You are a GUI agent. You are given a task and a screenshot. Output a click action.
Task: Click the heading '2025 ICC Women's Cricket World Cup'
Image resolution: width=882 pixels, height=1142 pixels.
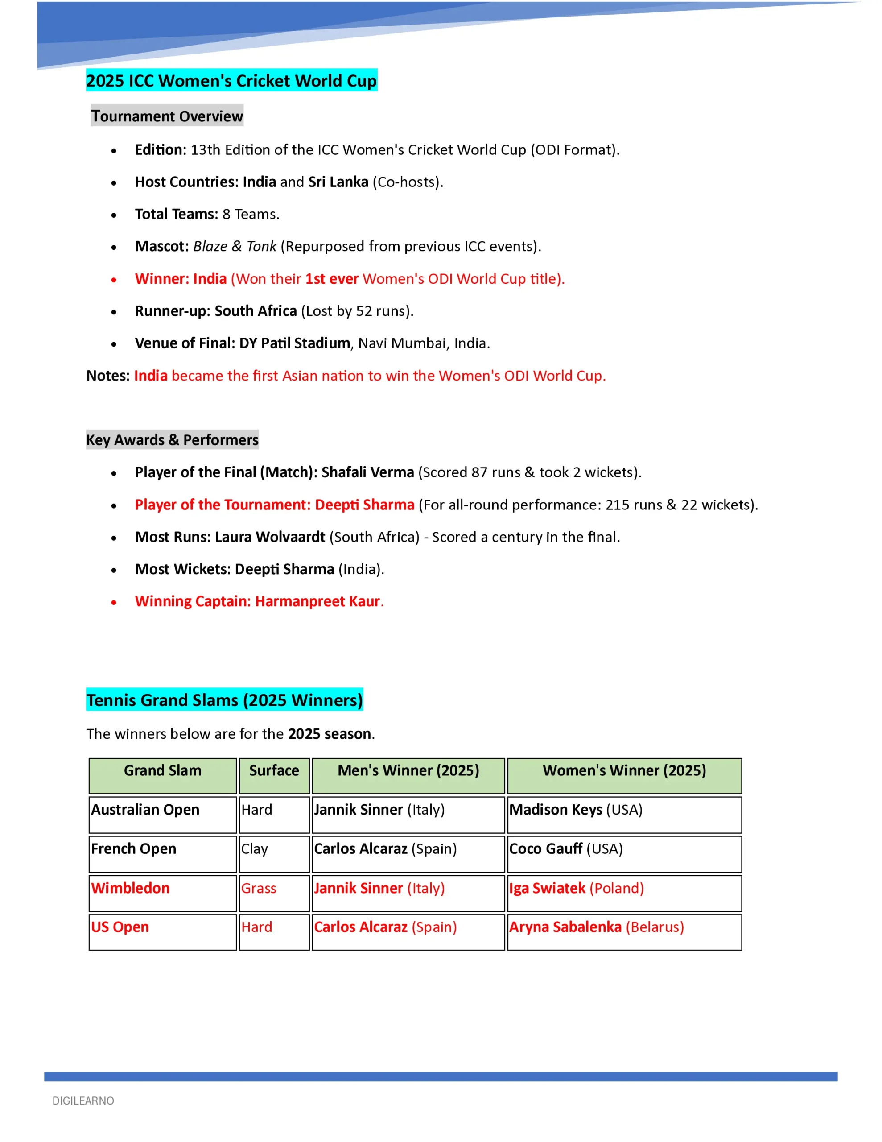(x=231, y=81)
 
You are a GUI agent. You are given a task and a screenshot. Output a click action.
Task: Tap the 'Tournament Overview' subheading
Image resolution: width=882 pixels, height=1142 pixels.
(x=167, y=116)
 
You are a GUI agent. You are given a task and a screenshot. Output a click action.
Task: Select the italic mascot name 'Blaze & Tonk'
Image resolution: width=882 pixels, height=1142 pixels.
(x=235, y=246)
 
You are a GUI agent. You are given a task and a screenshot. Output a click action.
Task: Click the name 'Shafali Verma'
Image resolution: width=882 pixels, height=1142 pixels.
(x=367, y=472)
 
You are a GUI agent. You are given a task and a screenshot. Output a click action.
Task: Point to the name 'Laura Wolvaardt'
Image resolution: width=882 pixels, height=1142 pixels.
(x=270, y=537)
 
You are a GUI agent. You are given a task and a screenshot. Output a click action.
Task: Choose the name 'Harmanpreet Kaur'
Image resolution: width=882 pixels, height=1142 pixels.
(x=317, y=601)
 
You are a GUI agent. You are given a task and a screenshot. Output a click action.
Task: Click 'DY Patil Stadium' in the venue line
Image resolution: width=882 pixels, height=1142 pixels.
(x=295, y=343)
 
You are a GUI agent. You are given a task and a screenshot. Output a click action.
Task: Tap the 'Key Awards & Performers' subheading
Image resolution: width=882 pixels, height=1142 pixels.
(x=172, y=440)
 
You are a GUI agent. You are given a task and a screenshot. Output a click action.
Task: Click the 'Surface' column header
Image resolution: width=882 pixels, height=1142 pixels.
(x=274, y=770)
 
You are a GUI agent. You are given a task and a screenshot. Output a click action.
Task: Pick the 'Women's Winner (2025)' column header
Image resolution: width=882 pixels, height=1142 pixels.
(x=624, y=770)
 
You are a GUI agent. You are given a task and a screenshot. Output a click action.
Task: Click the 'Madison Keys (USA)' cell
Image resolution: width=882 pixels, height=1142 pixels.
(x=576, y=810)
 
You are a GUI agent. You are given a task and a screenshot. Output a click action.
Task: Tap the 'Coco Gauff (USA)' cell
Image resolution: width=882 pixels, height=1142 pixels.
(x=566, y=848)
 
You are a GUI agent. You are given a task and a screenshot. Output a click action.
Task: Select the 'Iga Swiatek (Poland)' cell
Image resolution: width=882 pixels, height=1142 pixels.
(x=576, y=888)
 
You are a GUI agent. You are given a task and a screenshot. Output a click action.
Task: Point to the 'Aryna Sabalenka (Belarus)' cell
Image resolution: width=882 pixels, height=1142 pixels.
(x=597, y=927)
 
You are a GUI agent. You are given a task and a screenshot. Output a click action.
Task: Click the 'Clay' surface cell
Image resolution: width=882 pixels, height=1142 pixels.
(x=255, y=848)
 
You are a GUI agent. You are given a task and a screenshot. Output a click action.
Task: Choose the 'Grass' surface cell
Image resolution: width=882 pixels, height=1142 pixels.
(x=259, y=888)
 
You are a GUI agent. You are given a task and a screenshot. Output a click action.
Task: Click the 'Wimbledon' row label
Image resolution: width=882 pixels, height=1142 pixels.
(x=131, y=888)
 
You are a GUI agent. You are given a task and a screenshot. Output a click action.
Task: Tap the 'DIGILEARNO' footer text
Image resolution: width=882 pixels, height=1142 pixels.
(x=83, y=1101)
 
